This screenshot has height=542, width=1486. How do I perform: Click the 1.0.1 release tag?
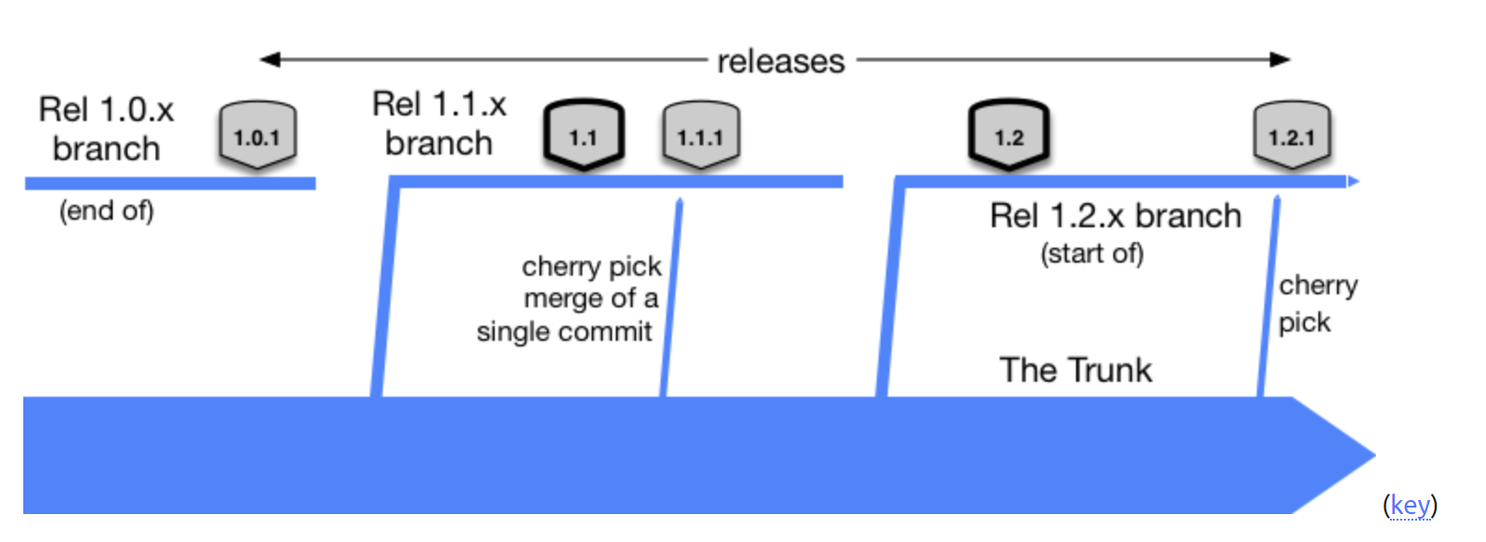point(257,136)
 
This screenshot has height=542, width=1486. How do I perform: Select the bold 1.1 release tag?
point(583,136)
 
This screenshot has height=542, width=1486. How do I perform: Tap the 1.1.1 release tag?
point(701,136)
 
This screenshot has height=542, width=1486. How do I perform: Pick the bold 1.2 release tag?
point(1009,136)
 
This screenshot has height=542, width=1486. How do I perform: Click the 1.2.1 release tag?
point(1291,136)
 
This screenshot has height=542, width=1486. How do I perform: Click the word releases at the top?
point(781,61)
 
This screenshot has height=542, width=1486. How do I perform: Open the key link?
point(1410,505)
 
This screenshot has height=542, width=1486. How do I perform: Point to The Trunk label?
point(1075,370)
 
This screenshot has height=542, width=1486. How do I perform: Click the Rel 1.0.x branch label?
point(106,129)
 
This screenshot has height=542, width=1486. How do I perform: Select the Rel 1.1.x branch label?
point(439,123)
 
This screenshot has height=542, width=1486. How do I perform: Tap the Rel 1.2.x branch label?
point(1115,216)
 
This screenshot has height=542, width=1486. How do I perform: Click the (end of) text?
point(106,210)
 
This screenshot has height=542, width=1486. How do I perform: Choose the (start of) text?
point(1092,253)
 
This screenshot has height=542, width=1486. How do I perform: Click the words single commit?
point(564,332)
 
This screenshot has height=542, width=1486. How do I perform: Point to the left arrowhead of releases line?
point(269,60)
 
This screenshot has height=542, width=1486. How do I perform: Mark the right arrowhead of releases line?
point(1281,60)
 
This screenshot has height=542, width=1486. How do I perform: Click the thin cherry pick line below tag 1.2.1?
point(1269,298)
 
